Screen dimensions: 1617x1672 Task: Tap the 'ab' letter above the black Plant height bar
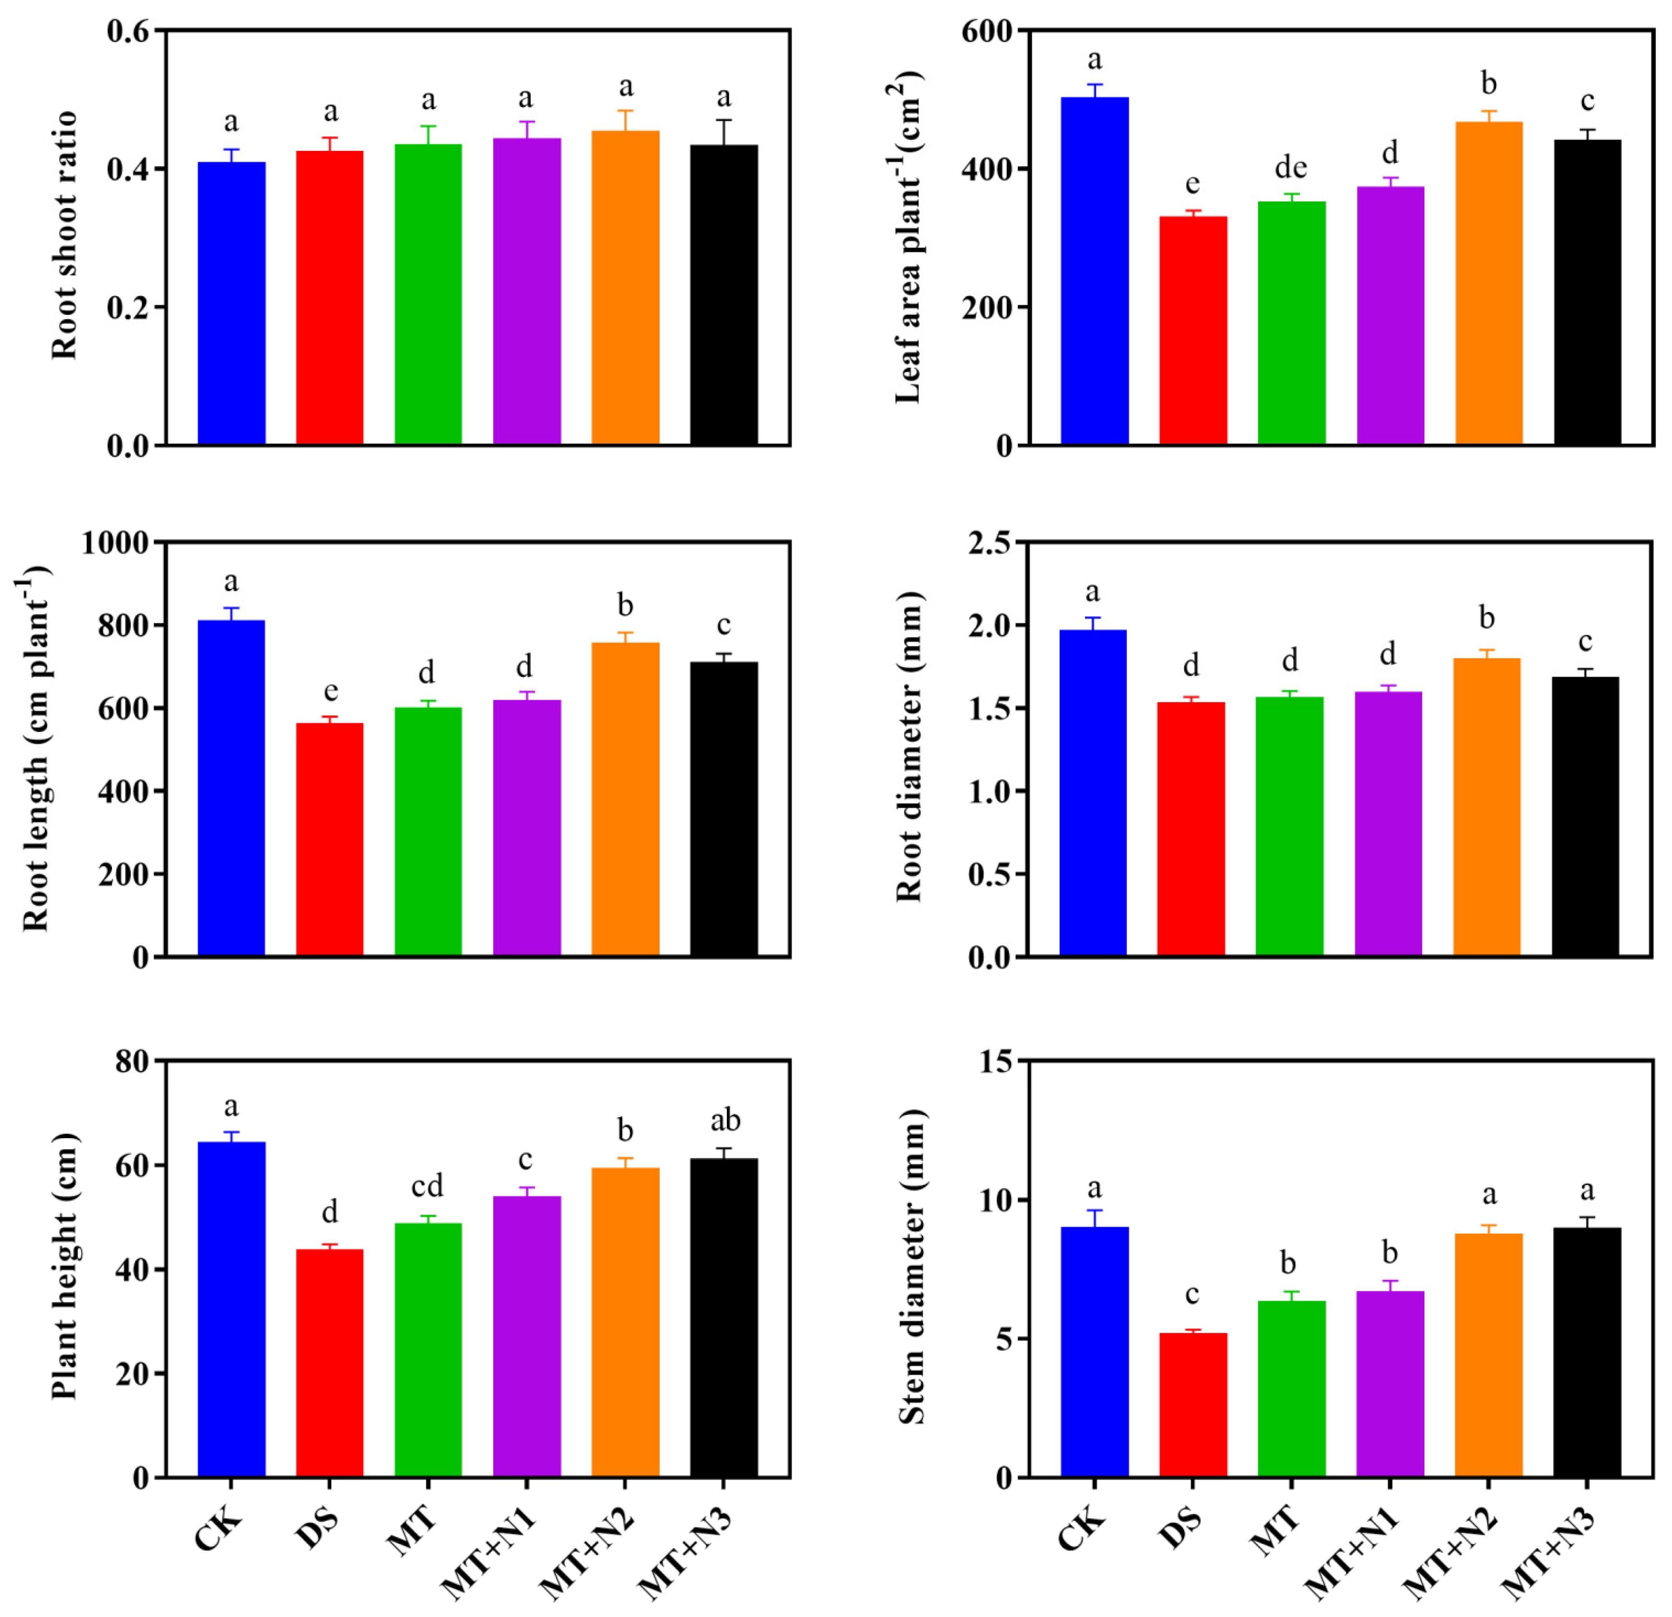coord(725,1120)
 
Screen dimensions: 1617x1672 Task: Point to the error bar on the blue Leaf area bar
coord(1095,90)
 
